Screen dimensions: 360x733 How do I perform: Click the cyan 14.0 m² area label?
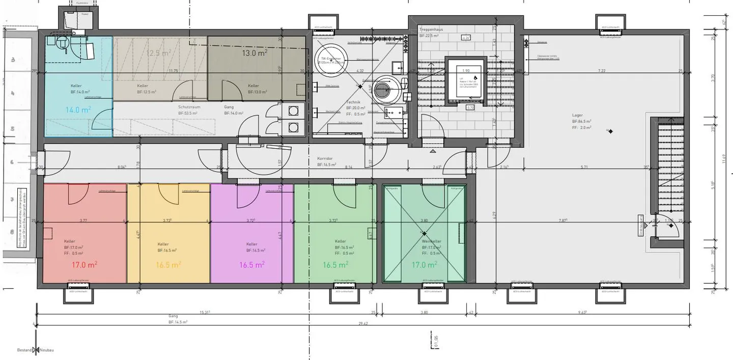pyautogui.click(x=78, y=109)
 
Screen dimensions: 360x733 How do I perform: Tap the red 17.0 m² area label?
pyautogui.click(x=84, y=265)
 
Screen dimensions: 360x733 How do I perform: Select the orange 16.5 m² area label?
pyautogui.click(x=168, y=265)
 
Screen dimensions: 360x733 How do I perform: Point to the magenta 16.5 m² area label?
pyautogui.click(x=251, y=265)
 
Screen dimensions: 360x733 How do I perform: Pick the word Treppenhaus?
pyautogui.click(x=431, y=30)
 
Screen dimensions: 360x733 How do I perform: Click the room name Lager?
pyautogui.click(x=577, y=116)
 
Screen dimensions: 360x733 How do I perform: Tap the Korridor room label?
pyautogui.click(x=325, y=158)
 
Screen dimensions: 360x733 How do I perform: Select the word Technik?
pyautogui.click(x=353, y=102)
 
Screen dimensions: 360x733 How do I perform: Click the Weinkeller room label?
pyautogui.click(x=431, y=241)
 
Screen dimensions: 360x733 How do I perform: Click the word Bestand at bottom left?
pyautogui.click(x=24, y=350)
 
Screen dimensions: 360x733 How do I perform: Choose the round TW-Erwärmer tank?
pyautogui.click(x=329, y=59)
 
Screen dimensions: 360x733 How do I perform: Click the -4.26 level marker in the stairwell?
pyautogui.click(x=465, y=38)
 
